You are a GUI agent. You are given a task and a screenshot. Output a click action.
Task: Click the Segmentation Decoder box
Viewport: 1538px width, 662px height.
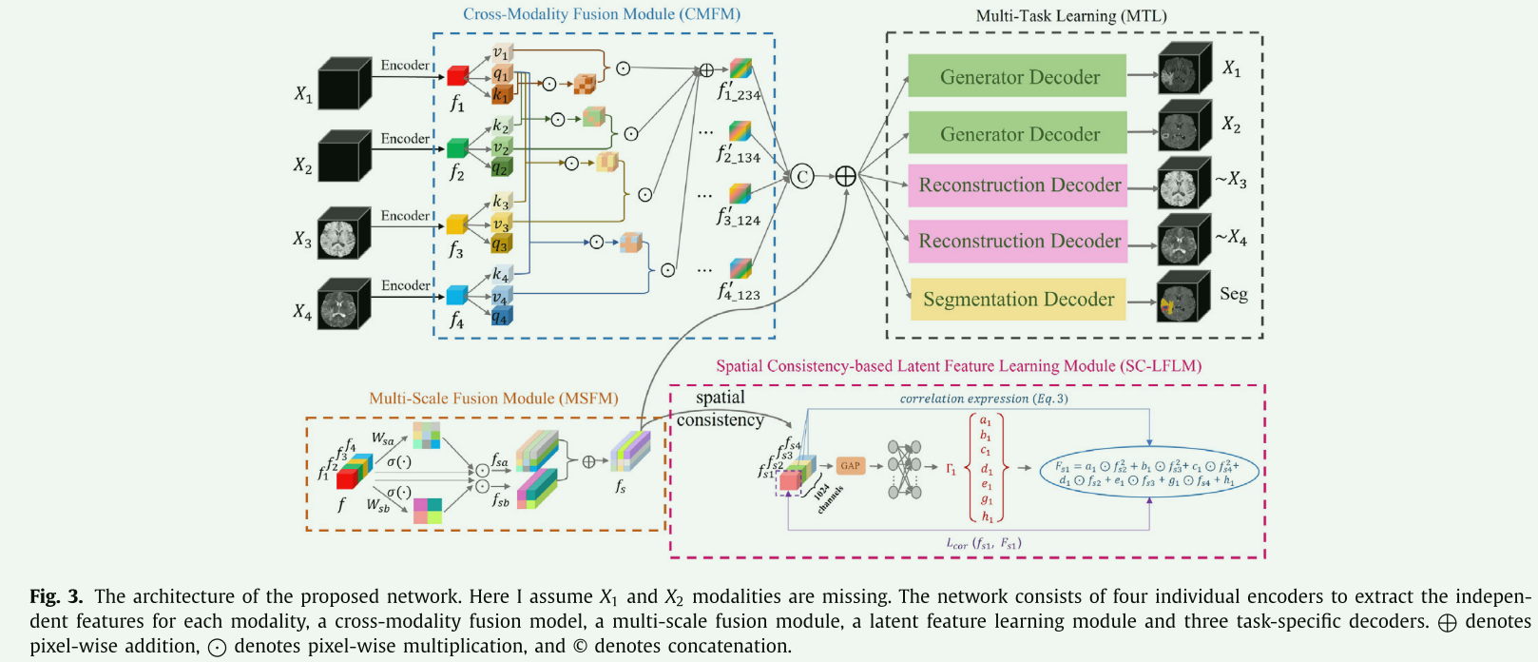[1018, 300]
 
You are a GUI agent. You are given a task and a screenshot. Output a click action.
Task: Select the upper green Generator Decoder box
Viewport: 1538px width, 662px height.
[1018, 76]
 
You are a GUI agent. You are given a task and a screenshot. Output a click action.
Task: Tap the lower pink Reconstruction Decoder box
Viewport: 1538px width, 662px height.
[1018, 242]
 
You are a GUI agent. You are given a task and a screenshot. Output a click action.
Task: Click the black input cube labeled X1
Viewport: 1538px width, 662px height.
[343, 84]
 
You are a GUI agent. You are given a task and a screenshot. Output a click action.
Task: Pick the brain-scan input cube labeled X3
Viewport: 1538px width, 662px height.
[343, 232]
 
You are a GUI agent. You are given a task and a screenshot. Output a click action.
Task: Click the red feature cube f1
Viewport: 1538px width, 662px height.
[457, 76]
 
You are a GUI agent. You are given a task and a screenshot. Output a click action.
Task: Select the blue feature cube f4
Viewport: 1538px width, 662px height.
[457, 295]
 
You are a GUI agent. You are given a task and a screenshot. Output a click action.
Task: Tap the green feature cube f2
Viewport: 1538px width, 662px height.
[457, 148]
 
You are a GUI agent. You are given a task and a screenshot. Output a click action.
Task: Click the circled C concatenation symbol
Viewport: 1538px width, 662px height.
[803, 176]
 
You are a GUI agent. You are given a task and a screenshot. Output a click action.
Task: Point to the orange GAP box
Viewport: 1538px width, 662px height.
[850, 466]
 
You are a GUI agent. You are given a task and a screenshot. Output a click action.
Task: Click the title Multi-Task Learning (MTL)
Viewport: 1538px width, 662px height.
[1071, 16]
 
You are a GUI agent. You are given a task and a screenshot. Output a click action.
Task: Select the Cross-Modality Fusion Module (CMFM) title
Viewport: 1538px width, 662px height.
[601, 14]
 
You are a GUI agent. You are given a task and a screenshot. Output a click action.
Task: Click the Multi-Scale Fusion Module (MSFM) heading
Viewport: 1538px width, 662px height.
[493, 399]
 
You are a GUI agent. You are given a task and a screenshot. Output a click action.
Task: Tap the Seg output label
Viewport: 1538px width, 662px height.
[1233, 294]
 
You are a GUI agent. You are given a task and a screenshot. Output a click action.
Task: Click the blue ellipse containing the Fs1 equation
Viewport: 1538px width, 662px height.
[1149, 473]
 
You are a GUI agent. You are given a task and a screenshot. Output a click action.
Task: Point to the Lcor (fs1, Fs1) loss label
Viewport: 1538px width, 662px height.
[984, 544]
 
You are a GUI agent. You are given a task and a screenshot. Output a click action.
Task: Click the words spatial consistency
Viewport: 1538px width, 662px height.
[720, 409]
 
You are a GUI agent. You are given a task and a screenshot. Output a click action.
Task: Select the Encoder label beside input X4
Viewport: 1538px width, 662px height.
[406, 285]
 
